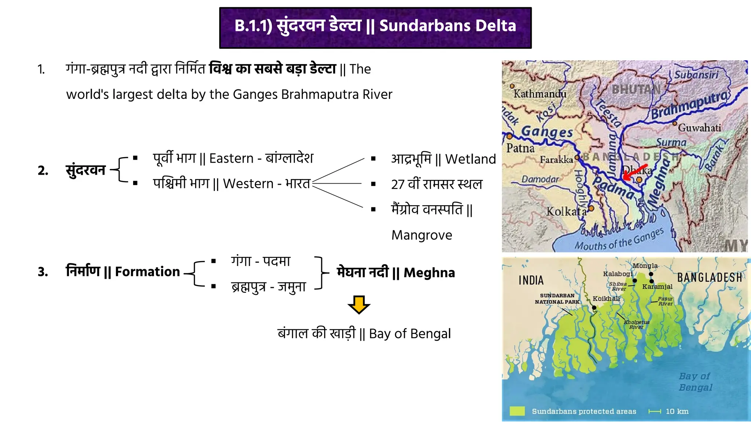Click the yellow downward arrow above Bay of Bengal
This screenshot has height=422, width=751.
359,304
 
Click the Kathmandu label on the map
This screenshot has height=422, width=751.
540,94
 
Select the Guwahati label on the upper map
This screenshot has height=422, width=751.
699,128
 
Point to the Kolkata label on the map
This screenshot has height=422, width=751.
566,211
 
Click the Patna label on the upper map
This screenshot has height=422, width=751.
520,148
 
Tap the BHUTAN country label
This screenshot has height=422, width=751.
636,89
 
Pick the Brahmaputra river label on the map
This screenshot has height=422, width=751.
689,105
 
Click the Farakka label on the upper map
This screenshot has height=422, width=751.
556,160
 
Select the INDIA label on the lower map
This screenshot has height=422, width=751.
531,280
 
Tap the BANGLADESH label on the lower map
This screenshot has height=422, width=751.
709,278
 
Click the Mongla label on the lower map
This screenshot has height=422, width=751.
645,266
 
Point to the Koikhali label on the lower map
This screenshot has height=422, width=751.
606,299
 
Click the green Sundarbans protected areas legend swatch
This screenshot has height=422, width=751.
517,411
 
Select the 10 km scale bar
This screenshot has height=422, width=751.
655,411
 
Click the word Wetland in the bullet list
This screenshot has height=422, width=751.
470,159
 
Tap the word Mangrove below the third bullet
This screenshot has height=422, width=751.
422,235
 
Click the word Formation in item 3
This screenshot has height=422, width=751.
147,271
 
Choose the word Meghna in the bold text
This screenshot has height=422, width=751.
429,273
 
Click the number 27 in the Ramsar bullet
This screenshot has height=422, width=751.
398,184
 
